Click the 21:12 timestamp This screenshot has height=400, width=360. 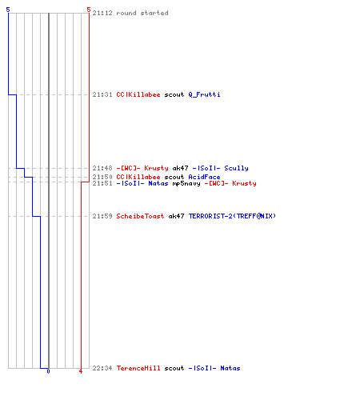(x=102, y=13)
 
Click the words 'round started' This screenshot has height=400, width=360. (x=142, y=13)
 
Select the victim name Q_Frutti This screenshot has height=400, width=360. (x=204, y=94)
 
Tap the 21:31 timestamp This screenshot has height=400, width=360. (x=102, y=94)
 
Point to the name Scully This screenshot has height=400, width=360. (x=236, y=168)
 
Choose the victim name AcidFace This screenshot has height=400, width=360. (x=204, y=177)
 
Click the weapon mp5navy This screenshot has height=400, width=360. (x=186, y=183)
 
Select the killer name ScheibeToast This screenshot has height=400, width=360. (x=140, y=216)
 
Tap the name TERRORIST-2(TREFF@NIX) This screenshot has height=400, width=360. (x=232, y=216)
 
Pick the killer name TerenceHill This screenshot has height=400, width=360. (x=138, y=368)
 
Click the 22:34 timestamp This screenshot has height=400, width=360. (x=102, y=368)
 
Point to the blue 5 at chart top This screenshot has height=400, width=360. (x=8, y=10)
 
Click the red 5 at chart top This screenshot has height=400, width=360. (x=89, y=10)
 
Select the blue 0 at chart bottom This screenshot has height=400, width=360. (x=48, y=371)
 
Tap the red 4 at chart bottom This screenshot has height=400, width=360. (x=81, y=371)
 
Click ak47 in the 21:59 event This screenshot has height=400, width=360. (x=176, y=216)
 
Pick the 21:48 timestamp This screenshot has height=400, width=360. (x=102, y=168)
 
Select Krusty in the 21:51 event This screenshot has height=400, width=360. (x=244, y=183)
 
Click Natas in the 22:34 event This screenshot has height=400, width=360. (x=230, y=368)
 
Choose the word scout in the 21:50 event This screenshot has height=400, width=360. (x=174, y=177)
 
